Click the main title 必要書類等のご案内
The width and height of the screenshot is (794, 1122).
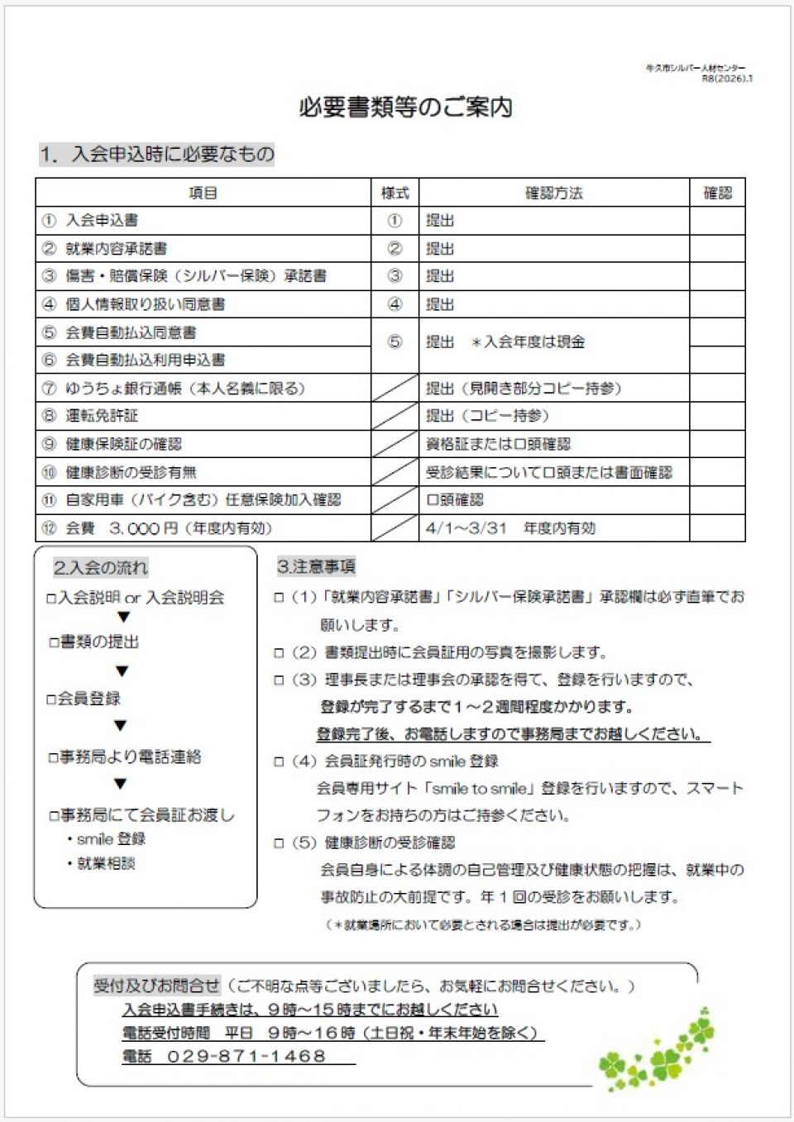coord(405,107)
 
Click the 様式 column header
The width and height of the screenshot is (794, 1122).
coord(395,193)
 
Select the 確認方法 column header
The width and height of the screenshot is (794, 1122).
coord(553,193)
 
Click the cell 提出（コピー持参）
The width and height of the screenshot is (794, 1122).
coord(487,416)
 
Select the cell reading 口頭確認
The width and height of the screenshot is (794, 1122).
coord(455,500)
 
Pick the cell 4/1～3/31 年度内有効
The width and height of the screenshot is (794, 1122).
coord(510,528)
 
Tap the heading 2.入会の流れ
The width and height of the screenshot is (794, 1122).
coord(101,567)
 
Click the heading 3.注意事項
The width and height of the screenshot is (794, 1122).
coord(316,566)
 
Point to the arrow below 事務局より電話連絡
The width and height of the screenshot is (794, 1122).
coord(121,784)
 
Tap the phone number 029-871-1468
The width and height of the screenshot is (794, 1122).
coord(246,1056)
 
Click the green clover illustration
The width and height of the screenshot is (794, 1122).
coord(658,1050)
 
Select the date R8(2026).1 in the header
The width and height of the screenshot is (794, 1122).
coord(727,79)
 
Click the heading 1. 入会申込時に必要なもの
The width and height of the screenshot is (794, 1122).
coord(156,154)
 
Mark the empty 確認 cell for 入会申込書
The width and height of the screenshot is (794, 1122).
coord(717,221)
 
